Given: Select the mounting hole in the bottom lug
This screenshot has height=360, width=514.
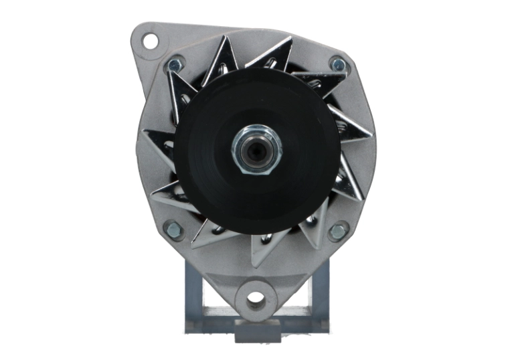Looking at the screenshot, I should coord(256,300).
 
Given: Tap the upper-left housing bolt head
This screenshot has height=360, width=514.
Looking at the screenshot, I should coord(174,65).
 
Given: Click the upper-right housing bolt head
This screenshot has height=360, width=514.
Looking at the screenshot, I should coord(339,65).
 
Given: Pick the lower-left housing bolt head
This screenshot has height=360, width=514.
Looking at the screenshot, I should coord(173,230).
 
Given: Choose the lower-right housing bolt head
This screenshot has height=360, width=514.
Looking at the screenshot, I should coord(338,232).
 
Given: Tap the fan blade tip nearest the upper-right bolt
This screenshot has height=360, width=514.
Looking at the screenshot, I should coord(335,80).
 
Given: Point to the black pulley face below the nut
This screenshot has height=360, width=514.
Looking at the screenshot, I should coord(256,201).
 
